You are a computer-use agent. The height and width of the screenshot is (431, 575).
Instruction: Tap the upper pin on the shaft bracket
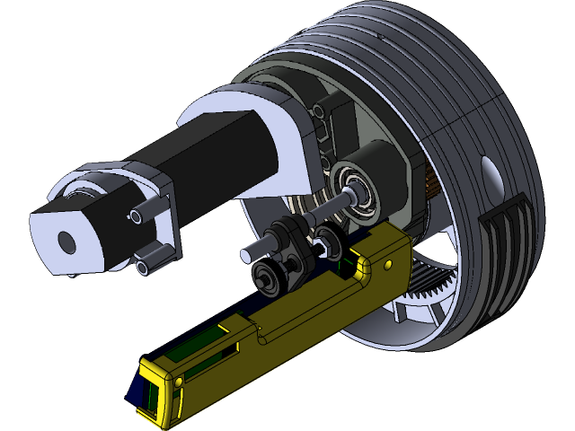point(137,215)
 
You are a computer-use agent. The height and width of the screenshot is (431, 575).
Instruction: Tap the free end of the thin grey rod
point(245,256)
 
